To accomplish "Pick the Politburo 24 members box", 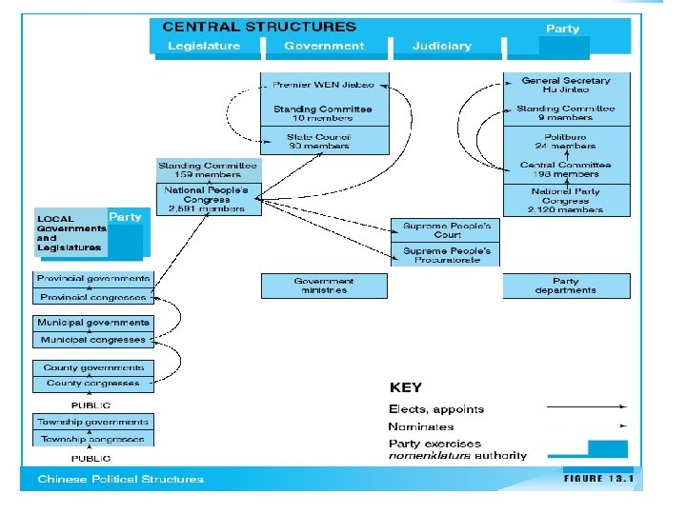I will [x=566, y=141].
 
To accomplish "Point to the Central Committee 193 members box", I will [x=566, y=169].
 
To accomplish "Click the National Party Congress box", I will [x=566, y=200].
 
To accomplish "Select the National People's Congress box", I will [x=208, y=200].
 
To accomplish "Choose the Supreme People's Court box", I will [x=446, y=230].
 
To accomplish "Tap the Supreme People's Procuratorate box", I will [x=446, y=254].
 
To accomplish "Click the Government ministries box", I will [x=324, y=286].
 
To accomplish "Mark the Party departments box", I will [x=566, y=286].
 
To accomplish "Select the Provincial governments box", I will [x=93, y=279].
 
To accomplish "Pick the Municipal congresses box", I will [x=93, y=340].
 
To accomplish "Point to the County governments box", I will [x=93, y=367].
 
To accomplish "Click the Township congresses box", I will [x=93, y=439].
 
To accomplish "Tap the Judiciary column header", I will [x=441, y=46].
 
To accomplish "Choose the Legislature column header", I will [x=204, y=46].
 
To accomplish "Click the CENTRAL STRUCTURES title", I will [x=259, y=27].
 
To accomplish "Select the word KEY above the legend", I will [x=406, y=387].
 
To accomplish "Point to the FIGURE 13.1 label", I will [x=597, y=478].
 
